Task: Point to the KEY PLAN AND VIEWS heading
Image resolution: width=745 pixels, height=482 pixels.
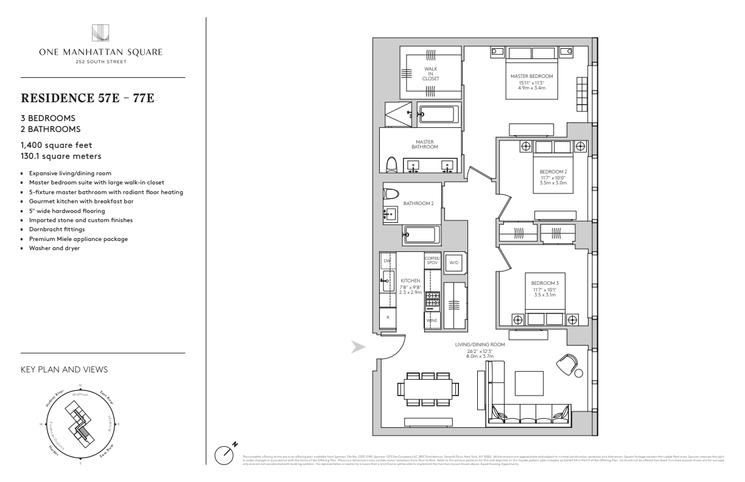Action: pos(65,369)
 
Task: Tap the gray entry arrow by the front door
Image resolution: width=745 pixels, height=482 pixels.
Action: pos(358,347)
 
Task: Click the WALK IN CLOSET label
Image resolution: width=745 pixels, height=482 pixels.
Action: pos(431,74)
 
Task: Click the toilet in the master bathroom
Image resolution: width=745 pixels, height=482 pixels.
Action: pos(393,164)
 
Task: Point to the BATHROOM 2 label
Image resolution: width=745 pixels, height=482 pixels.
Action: pos(418,203)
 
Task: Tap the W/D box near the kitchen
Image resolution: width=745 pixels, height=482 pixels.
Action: pos(453,262)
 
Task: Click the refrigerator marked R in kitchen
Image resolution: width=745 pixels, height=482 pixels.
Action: pos(388,317)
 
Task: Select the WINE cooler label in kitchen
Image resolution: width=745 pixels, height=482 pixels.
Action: pos(432,320)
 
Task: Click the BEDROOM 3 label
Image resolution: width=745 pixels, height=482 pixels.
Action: pos(540,284)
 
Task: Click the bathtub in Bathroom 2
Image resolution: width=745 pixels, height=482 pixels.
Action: pos(419,234)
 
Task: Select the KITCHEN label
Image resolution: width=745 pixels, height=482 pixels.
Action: pos(410,281)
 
